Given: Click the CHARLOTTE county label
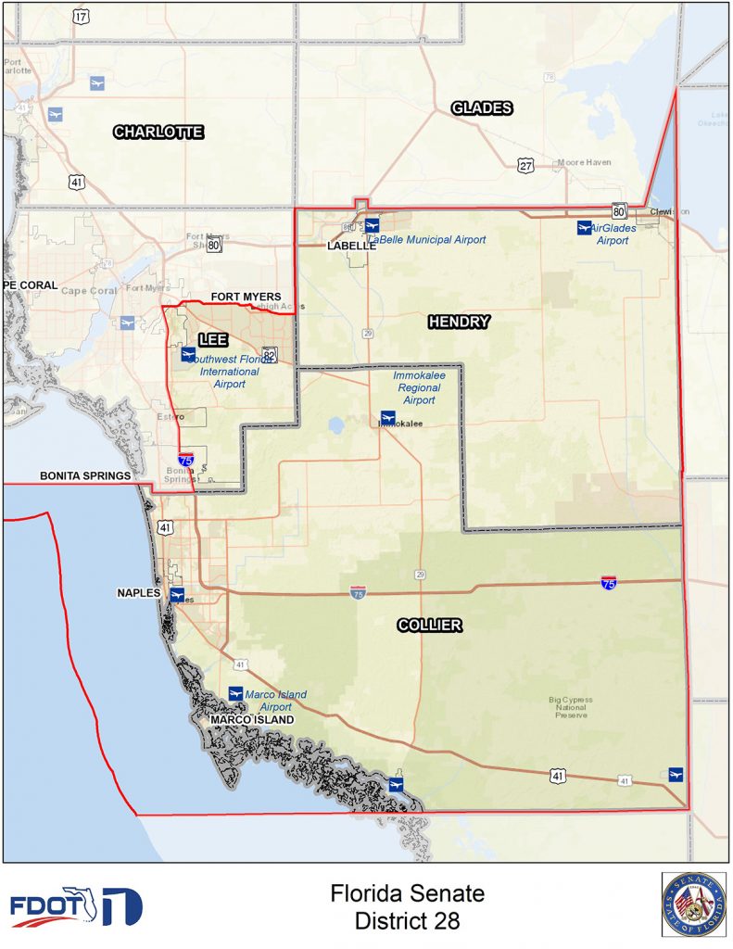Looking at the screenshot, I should click(158, 133).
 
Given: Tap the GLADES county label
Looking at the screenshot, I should click(482, 108).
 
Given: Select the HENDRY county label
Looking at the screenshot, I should click(459, 322).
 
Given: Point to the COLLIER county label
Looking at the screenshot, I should click(429, 626).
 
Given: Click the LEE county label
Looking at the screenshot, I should click(213, 340).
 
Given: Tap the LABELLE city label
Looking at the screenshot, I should click(351, 247).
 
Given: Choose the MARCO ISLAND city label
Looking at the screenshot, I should click(251, 720).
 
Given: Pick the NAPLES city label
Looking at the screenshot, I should click(140, 593).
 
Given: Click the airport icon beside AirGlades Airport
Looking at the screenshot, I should click(584, 227).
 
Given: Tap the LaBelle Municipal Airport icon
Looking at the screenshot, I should click(372, 225).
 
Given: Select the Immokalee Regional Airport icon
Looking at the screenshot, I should click(388, 417).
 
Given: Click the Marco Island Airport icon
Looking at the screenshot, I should click(235, 693).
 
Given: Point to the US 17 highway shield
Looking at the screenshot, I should click(82, 18).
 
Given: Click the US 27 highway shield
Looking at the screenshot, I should click(525, 166).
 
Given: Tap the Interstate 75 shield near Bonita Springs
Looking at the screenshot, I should click(186, 459).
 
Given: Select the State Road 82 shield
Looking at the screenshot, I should click(269, 356).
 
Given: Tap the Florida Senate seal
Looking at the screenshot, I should click(693, 904).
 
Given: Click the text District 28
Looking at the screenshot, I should click(407, 921).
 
